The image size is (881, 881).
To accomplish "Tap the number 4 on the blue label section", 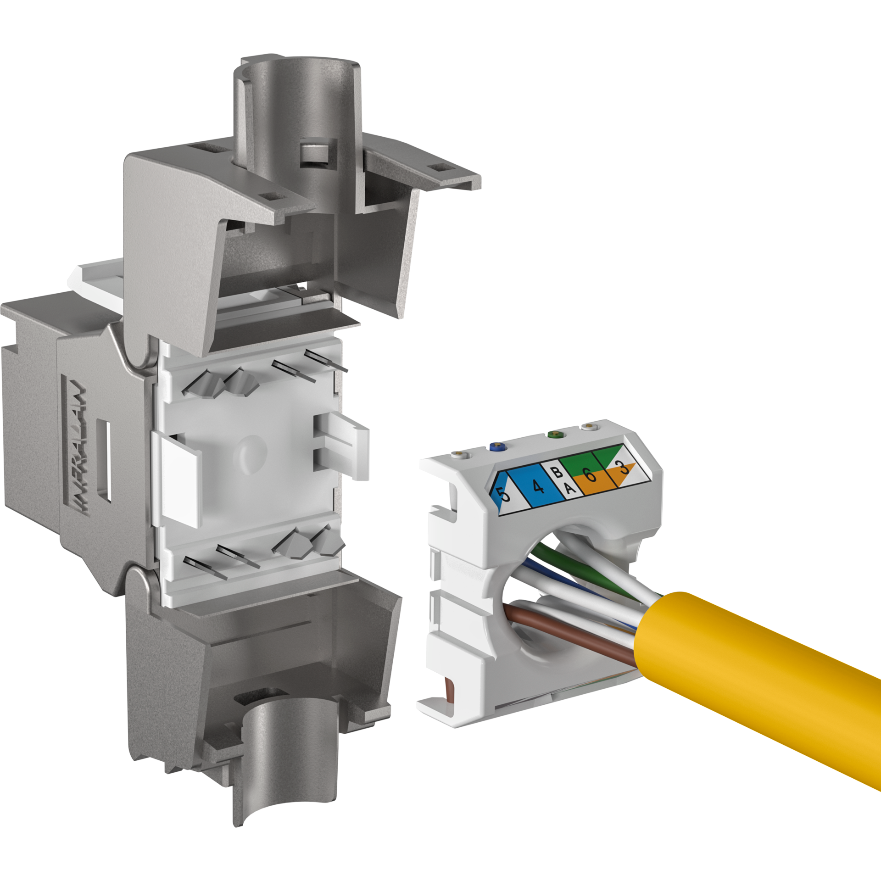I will (x=538, y=485).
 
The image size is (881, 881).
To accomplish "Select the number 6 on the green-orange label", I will (x=591, y=474).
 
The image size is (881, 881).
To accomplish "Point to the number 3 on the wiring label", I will (x=623, y=468).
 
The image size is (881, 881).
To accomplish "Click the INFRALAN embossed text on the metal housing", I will (x=79, y=448).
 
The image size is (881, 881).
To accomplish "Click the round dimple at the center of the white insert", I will (x=250, y=454).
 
